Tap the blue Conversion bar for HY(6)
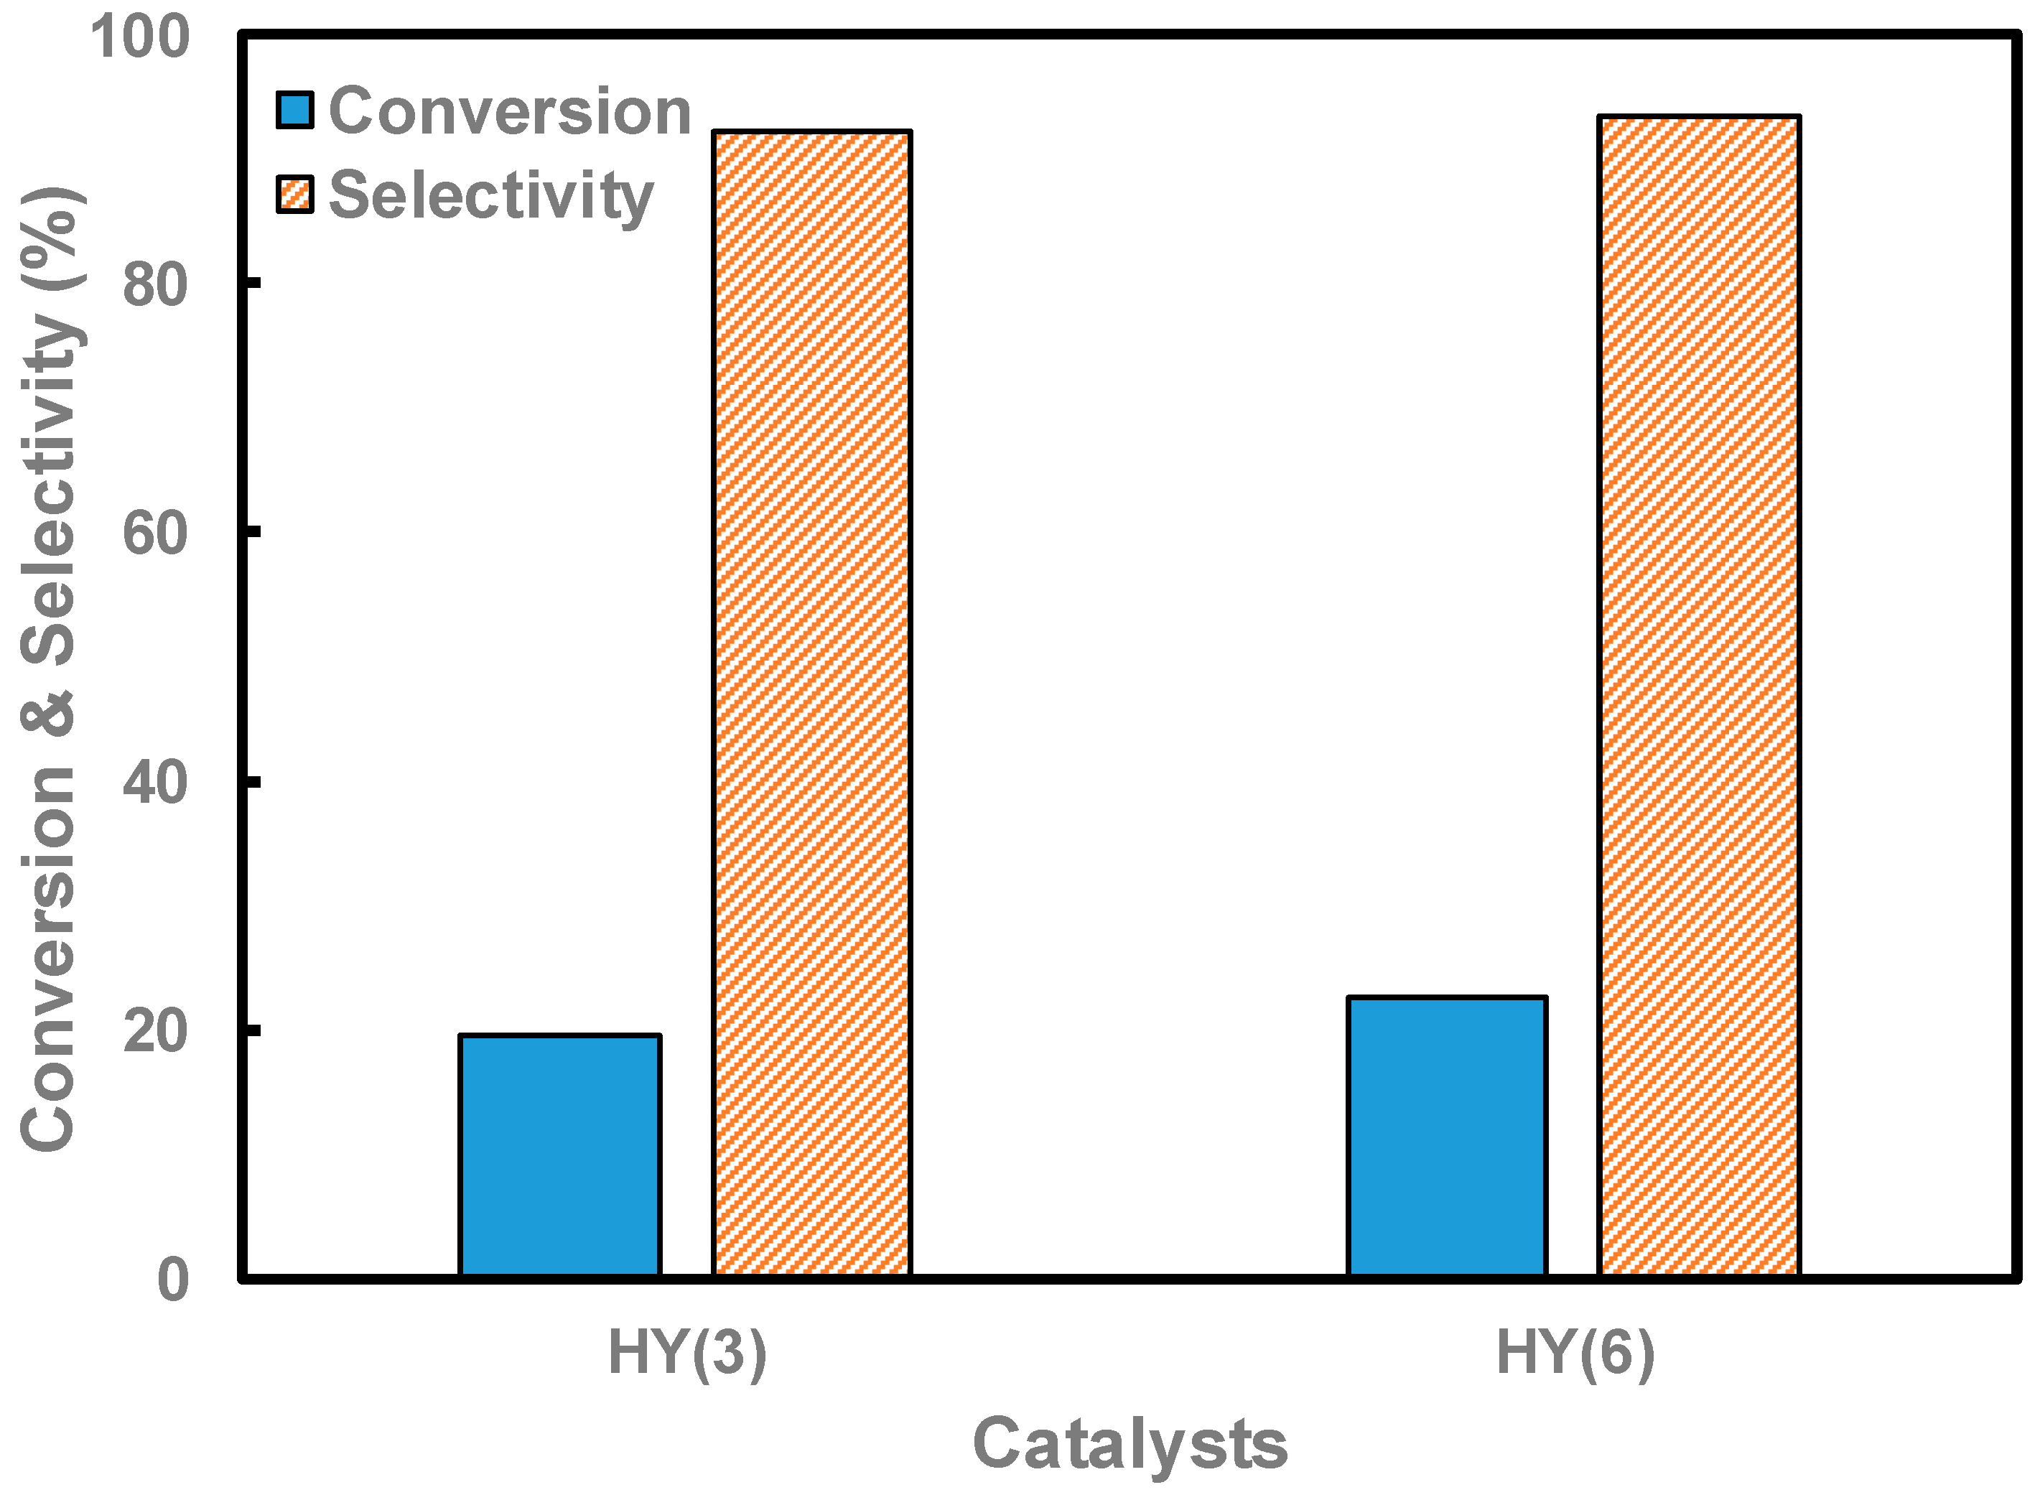point(1446,1137)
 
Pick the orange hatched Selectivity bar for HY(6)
point(1699,696)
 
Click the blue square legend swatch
point(295,111)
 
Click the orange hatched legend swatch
point(295,195)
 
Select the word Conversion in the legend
point(510,111)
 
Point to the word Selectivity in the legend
point(490,195)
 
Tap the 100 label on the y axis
point(139,38)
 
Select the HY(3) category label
point(687,1353)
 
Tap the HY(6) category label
point(1575,1353)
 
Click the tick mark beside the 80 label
point(251,283)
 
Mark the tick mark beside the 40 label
point(251,782)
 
